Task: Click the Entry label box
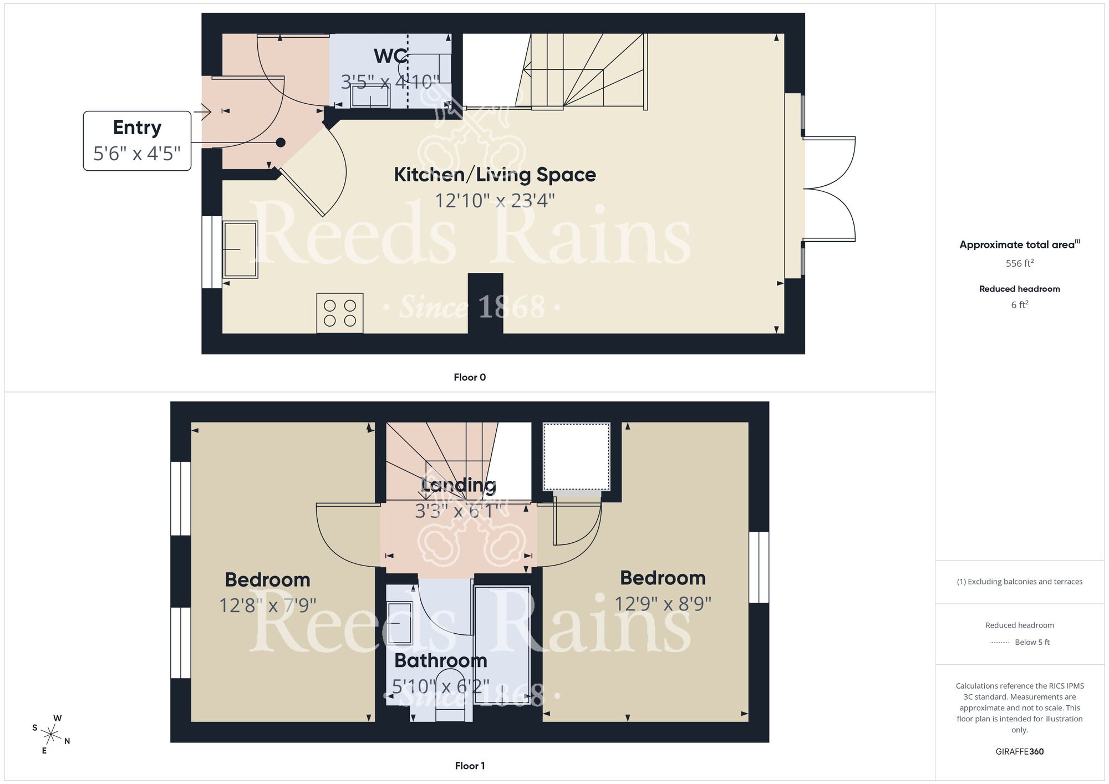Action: pyautogui.click(x=137, y=141)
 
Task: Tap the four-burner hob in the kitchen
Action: pyautogui.click(x=339, y=313)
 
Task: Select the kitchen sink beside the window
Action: pyautogui.click(x=240, y=250)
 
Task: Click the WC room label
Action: pyautogui.click(x=391, y=56)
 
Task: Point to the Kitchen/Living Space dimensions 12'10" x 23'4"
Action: pyautogui.click(x=494, y=200)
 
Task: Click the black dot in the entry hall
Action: pyautogui.click(x=281, y=142)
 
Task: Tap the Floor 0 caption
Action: pyautogui.click(x=469, y=378)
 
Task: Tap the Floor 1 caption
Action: pyautogui.click(x=469, y=766)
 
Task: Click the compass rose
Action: pyautogui.click(x=51, y=735)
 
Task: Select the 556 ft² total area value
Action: pyautogui.click(x=1019, y=263)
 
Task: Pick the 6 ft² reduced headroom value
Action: pyautogui.click(x=1019, y=304)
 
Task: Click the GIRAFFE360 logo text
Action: pyautogui.click(x=1019, y=752)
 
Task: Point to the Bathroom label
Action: pyautogui.click(x=440, y=661)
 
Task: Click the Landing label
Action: pyautogui.click(x=458, y=485)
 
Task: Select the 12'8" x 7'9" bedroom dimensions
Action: pyautogui.click(x=267, y=605)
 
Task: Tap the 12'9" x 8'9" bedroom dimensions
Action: pyautogui.click(x=663, y=604)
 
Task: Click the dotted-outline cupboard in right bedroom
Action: pyautogui.click(x=577, y=456)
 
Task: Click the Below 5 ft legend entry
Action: pyautogui.click(x=1031, y=642)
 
